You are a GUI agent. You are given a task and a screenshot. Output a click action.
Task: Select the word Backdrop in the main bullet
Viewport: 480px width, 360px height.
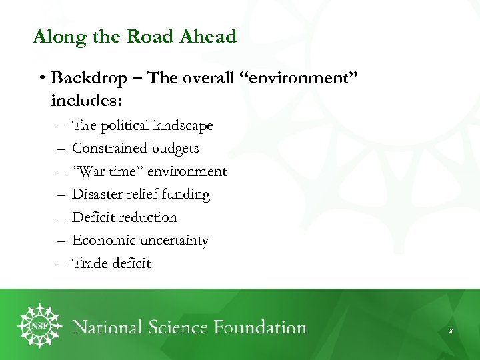tap(88, 78)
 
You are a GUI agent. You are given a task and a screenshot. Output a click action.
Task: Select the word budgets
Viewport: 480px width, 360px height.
tap(177, 148)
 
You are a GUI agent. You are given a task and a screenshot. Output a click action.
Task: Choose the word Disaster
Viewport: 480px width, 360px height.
tap(97, 194)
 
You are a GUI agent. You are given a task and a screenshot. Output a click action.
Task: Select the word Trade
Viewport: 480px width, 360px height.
tap(87, 263)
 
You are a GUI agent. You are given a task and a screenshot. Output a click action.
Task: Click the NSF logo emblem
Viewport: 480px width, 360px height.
tap(39, 326)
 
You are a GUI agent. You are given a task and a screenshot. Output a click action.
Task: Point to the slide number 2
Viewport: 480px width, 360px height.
tap(451, 330)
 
